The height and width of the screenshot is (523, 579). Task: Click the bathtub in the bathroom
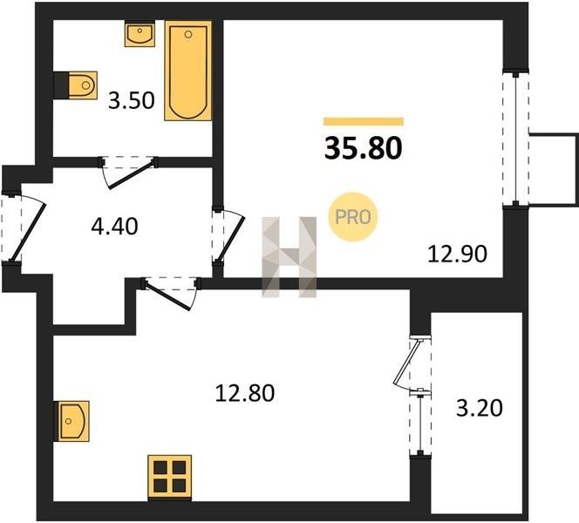point(188,71)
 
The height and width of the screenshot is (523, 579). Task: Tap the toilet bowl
point(82,85)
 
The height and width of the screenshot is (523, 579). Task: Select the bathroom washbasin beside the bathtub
point(140,34)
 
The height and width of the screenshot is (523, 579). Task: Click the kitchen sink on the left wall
point(72,421)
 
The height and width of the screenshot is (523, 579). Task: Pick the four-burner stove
point(169,477)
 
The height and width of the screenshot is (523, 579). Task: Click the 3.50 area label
point(131,101)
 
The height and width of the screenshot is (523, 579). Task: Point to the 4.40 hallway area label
point(114,227)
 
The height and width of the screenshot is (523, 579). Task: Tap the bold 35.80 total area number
point(364,148)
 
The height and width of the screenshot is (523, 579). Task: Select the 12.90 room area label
point(457,255)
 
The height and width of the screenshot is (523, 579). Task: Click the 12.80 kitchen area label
point(244,393)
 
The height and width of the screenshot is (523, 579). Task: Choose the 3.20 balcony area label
point(480,409)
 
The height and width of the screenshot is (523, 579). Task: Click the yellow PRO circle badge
point(353,217)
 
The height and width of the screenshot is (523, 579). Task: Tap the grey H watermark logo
point(289,257)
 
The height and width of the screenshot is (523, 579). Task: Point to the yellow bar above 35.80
point(364,121)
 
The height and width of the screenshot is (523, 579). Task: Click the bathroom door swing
point(128,172)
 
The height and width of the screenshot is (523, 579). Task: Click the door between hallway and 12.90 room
point(228,236)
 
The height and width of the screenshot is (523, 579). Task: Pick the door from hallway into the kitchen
point(171,292)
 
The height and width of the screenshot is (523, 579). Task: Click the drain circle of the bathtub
point(188,35)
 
